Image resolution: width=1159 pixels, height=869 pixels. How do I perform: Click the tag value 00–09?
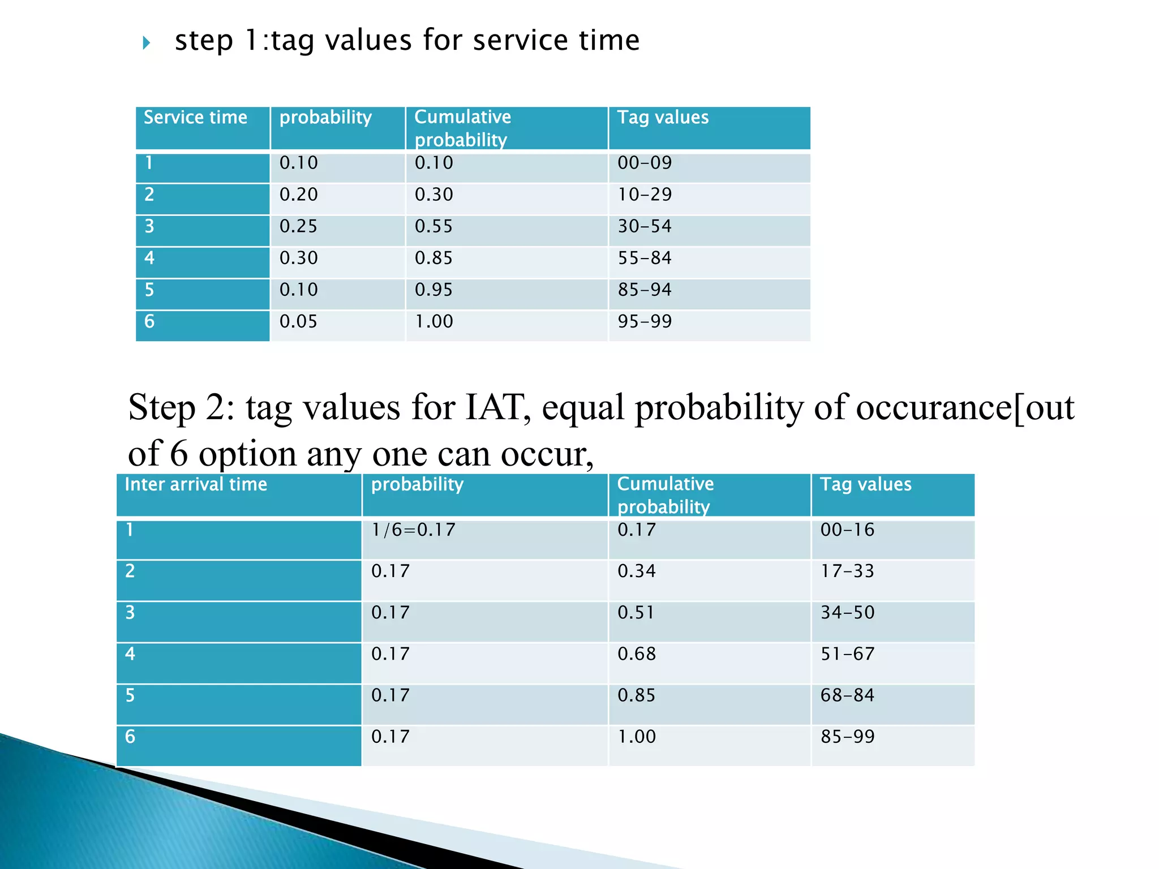coord(645,163)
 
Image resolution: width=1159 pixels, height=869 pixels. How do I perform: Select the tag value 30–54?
coord(645,226)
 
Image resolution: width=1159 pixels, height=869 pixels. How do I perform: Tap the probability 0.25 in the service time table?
coord(299,226)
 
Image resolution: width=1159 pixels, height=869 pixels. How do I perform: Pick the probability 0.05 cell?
coord(299,321)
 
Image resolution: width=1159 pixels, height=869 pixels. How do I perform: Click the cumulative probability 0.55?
coord(434,226)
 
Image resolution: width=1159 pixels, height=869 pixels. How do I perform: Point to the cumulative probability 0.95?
coord(434,290)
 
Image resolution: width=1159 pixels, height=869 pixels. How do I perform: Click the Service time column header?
coord(195,117)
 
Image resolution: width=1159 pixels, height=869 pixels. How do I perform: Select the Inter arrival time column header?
coord(196,484)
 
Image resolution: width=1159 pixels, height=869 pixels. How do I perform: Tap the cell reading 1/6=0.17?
coord(413,530)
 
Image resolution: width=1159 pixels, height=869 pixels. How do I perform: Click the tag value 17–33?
coord(848,571)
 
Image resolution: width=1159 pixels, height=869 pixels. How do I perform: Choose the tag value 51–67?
coord(848,654)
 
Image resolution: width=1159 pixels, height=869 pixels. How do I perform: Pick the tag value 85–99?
coord(848,737)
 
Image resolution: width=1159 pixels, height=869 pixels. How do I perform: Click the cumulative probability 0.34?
coord(637,571)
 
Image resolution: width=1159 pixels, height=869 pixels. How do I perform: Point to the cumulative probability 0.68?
coord(637,654)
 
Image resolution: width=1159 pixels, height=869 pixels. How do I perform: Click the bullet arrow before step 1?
coord(147,42)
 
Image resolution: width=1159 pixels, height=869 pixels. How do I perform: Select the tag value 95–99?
coord(645,321)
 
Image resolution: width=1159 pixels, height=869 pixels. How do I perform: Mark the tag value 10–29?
coord(645,195)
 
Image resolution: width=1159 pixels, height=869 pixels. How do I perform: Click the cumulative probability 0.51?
coord(636,613)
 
